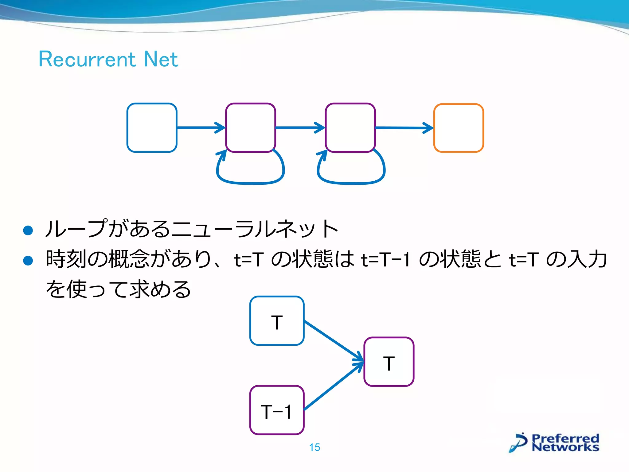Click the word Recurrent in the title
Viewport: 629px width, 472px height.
87,59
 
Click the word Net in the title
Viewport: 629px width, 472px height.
161,59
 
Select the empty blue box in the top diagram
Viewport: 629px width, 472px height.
152,128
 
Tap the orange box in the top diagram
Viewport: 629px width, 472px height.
458,128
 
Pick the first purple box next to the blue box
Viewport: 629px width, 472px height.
250,128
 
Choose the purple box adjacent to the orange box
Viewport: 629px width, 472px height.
350,128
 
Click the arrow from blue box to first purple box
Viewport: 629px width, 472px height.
200,128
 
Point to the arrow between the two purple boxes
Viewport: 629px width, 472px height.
299,128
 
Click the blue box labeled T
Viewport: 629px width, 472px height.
277,321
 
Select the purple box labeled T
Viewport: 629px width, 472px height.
389,362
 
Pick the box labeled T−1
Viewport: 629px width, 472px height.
277,410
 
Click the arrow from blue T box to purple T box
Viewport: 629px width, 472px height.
333,340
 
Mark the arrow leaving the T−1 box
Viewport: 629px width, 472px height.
333,386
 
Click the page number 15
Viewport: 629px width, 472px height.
314,447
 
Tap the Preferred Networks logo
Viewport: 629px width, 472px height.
555,443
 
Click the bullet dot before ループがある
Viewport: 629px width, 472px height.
28,230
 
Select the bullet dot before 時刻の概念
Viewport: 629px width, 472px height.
28,261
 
